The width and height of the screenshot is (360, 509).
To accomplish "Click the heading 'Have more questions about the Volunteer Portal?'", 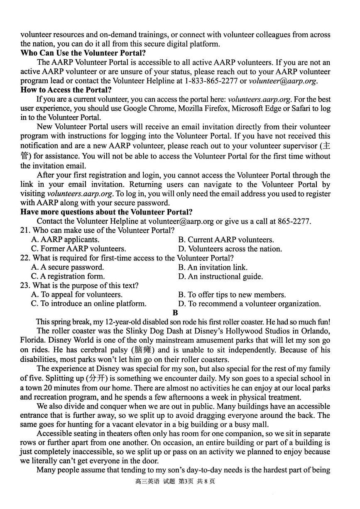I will [x=106, y=212].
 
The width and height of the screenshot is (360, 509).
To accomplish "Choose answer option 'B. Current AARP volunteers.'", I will [x=226, y=240].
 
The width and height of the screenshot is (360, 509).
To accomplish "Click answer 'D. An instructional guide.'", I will [x=220, y=277].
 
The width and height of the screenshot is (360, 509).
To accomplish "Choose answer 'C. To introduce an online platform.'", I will [x=88, y=304].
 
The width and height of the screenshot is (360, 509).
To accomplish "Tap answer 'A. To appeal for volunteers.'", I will [x=76, y=295].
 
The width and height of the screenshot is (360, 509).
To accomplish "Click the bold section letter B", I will [x=175, y=312].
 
